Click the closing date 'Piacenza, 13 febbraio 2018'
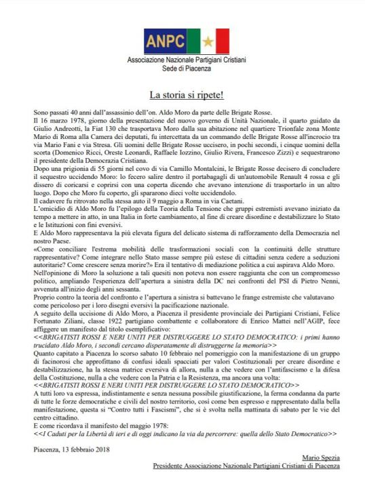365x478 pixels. click(75, 449)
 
